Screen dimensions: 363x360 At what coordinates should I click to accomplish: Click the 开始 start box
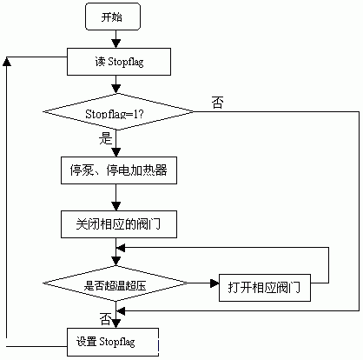(x=113, y=17)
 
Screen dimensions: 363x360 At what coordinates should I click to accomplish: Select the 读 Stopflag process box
(x=119, y=62)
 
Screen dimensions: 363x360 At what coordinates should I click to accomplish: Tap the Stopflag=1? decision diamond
(x=118, y=111)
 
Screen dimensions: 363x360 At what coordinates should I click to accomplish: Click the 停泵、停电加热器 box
(x=119, y=170)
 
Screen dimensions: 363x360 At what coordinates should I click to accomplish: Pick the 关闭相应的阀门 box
(x=119, y=224)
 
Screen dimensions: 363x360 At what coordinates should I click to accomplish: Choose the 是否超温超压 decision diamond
(x=115, y=283)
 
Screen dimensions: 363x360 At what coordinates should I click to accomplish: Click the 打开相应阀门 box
(x=265, y=288)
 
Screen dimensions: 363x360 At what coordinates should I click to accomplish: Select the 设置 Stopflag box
(x=113, y=342)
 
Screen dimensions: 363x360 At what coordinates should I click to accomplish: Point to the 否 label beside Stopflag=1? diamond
(x=217, y=103)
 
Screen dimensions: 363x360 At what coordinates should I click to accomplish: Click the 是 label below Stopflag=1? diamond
(x=105, y=138)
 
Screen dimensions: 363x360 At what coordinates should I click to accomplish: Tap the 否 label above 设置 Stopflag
(x=105, y=318)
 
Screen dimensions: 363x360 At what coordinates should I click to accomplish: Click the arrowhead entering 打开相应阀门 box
(x=214, y=283)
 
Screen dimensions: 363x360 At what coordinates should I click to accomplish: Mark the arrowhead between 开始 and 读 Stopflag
(x=115, y=43)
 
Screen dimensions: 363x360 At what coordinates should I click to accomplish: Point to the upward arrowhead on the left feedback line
(x=7, y=61)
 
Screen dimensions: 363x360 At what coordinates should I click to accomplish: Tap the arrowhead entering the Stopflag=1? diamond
(x=115, y=89)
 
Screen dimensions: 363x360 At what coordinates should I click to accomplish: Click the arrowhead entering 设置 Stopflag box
(x=115, y=323)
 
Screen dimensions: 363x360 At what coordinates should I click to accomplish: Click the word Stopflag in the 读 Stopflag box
(x=126, y=63)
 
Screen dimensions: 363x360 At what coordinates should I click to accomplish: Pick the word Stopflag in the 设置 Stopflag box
(x=117, y=342)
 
